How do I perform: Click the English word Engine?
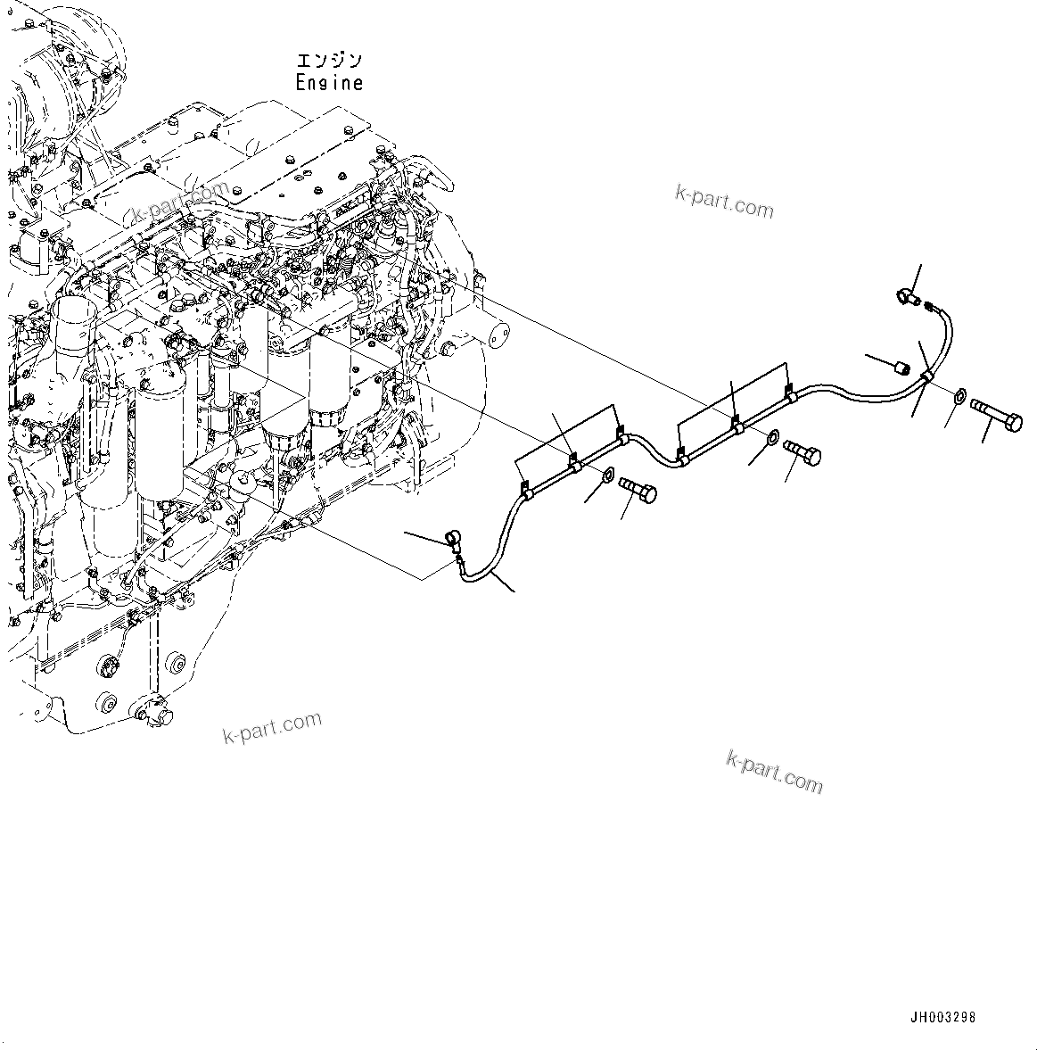click(x=329, y=83)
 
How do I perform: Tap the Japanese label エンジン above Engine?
click(x=329, y=61)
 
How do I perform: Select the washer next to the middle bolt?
click(x=770, y=436)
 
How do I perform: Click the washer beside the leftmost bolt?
click(x=607, y=474)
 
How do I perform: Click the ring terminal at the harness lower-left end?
click(x=452, y=538)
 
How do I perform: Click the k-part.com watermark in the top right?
click(x=724, y=203)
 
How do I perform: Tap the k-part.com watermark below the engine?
click(x=271, y=727)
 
